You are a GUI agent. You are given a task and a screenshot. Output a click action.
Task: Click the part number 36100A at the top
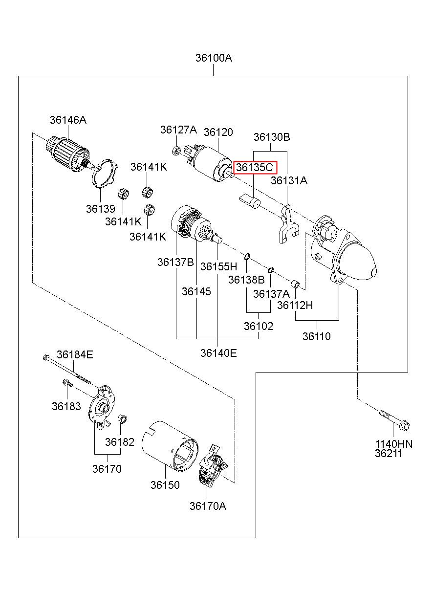coord(214,58)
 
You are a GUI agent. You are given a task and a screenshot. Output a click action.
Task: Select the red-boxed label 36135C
coord(255,168)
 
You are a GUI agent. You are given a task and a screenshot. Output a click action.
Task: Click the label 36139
coord(100,209)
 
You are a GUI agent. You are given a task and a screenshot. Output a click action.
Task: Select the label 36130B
coord(271,137)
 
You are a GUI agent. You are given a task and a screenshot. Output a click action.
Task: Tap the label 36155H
coord(218,266)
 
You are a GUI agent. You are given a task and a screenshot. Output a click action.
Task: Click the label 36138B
coord(246,280)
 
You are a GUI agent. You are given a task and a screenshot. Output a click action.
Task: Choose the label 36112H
coord(295,305)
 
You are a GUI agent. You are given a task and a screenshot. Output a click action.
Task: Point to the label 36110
coord(316,336)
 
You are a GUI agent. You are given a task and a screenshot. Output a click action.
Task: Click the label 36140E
coord(218,352)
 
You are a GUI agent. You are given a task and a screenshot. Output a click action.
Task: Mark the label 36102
coord(259,326)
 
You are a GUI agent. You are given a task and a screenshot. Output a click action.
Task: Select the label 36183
coord(66,406)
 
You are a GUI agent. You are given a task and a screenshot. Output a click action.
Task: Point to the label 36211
coord(389,453)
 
